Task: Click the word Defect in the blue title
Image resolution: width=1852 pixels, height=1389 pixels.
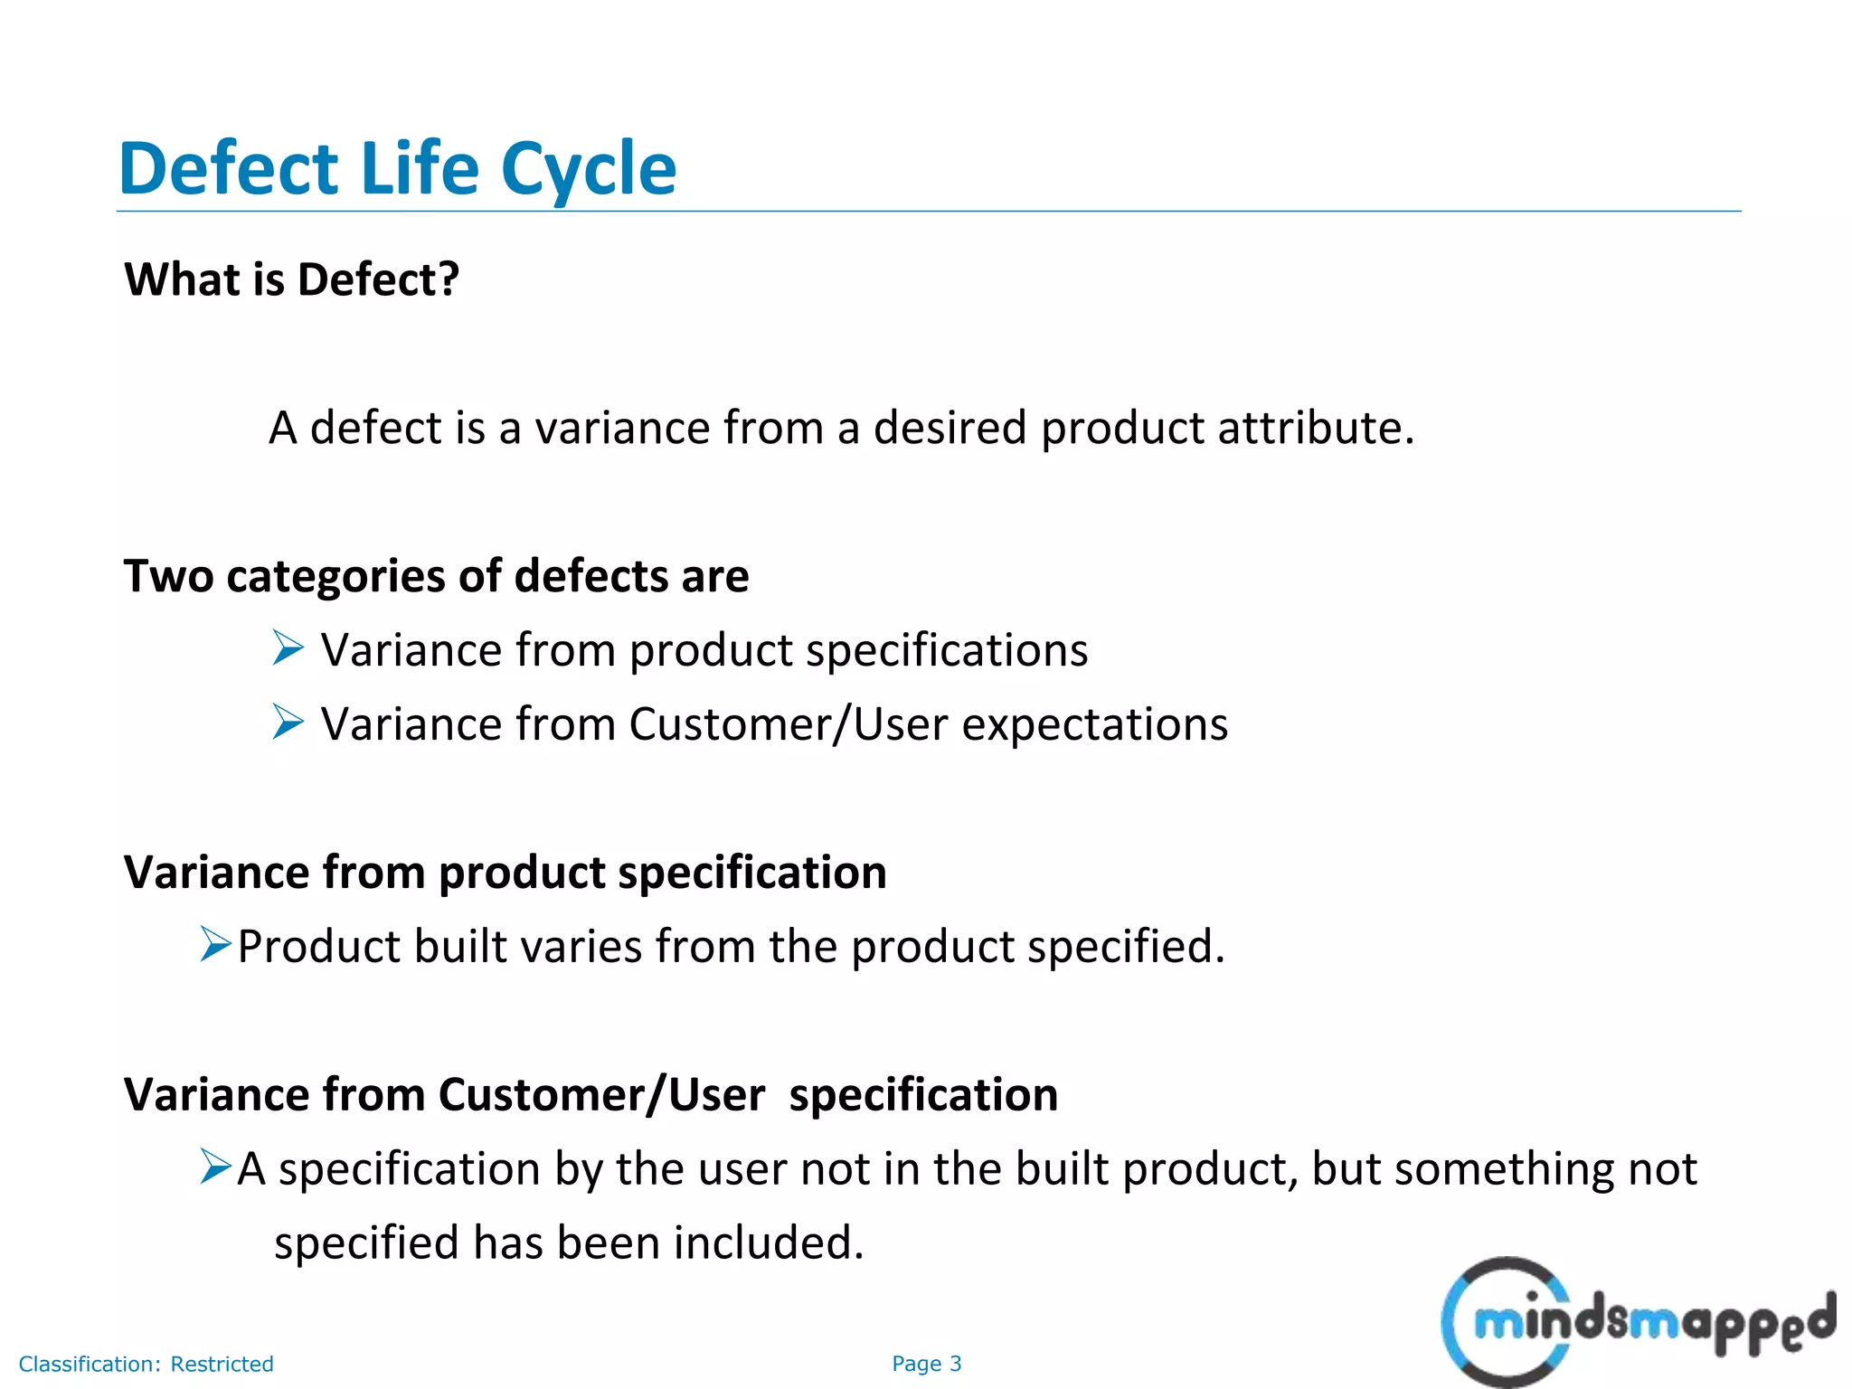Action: [x=228, y=169]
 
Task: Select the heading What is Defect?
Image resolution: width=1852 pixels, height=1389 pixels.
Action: [x=291, y=279]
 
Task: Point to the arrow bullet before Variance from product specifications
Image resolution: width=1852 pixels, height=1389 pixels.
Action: [x=288, y=648]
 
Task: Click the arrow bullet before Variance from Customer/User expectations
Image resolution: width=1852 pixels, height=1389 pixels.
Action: [x=288, y=723]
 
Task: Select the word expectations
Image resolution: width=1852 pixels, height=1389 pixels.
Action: [x=1094, y=725]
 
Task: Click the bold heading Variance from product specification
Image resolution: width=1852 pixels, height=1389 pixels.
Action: [x=505, y=873]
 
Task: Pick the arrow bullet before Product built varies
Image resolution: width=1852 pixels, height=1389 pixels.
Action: [x=216, y=945]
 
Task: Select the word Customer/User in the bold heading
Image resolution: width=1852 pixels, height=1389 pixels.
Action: [x=601, y=1095]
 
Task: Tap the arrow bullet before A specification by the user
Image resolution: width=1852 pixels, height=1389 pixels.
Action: [x=216, y=1167]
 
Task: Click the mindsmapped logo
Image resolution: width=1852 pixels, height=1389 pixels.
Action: [x=1637, y=1322]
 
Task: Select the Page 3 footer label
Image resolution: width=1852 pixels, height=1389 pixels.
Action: [x=926, y=1364]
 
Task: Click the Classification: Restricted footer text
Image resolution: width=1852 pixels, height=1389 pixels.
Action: [x=146, y=1364]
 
